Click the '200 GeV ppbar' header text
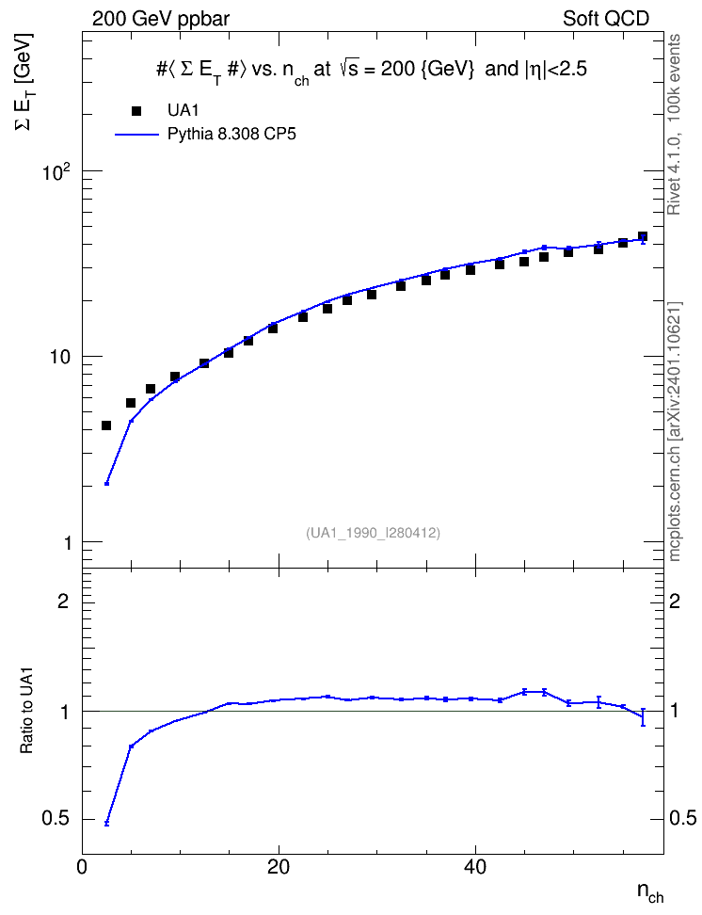click(161, 19)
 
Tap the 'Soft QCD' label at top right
click(605, 19)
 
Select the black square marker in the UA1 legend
click(136, 111)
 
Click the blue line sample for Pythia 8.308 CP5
click(136, 135)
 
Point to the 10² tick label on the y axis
click(56, 171)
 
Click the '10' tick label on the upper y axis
click(59, 357)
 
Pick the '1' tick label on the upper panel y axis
click(68, 543)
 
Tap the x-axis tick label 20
click(279, 867)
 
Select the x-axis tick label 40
click(475, 867)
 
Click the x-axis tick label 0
click(82, 867)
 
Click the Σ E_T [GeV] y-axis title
click(25, 82)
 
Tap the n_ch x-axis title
click(650, 892)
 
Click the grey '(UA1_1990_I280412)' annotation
click(373, 533)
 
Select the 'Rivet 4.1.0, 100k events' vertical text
click(674, 124)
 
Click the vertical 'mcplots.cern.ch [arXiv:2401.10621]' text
click(675, 432)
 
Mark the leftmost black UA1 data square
click(106, 425)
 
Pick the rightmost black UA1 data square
click(643, 236)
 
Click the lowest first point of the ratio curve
click(106, 824)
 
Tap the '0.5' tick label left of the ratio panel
click(56, 819)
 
